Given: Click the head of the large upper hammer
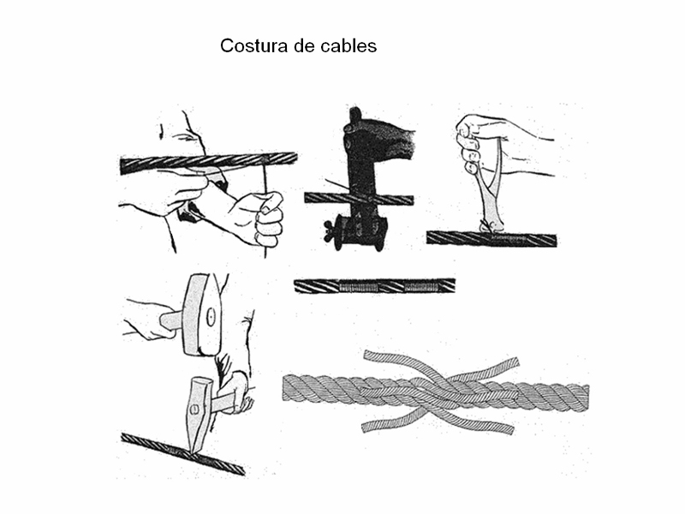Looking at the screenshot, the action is [202, 314].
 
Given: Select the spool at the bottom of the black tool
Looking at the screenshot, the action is [360, 232].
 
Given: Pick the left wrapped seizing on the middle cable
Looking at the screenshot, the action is [357, 287].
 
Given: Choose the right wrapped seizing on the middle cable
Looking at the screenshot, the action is [421, 287].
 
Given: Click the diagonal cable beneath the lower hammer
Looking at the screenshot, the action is [182, 455].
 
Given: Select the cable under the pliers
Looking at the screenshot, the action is [491, 239].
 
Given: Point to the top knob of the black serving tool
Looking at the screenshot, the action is [354, 115].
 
